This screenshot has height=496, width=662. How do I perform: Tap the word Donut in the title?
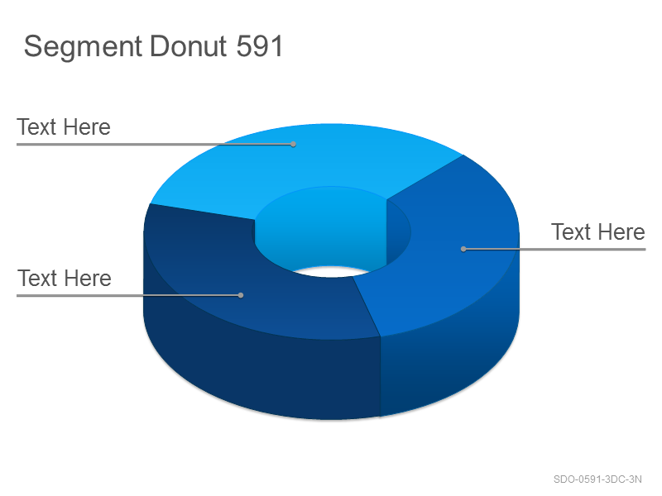pyautogui.click(x=189, y=46)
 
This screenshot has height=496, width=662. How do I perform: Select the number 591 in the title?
pyautogui.click(x=259, y=46)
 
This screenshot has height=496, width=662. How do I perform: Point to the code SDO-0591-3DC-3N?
pyautogui.click(x=597, y=479)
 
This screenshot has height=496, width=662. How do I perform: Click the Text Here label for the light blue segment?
pyautogui.click(x=64, y=127)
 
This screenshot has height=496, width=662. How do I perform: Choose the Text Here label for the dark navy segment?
pyautogui.click(x=65, y=279)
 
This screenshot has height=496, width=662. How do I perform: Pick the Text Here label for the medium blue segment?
pyautogui.click(x=597, y=232)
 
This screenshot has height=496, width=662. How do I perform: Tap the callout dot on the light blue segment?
pyautogui.click(x=293, y=144)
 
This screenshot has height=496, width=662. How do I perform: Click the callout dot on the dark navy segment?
pyautogui.click(x=241, y=295)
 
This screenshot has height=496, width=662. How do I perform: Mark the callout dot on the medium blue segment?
pyautogui.click(x=463, y=250)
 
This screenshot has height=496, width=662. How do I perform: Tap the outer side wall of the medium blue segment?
pyautogui.click(x=448, y=363)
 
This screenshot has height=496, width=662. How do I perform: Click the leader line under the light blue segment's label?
pyautogui.click(x=155, y=144)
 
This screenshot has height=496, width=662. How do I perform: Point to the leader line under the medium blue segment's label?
pyautogui.click(x=554, y=250)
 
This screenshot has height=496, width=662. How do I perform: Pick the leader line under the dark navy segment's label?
pyautogui.click(x=128, y=295)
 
